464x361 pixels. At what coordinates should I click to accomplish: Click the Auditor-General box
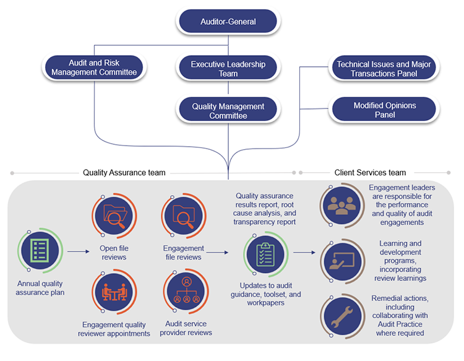click(x=228, y=22)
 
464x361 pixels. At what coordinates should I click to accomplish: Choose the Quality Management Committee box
click(x=228, y=111)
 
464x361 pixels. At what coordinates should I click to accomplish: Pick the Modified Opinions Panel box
click(x=384, y=110)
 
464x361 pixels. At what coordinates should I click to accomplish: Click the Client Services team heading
click(x=370, y=173)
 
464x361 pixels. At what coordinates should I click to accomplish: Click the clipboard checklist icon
click(x=265, y=253)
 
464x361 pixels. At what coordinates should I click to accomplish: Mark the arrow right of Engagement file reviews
click(x=217, y=252)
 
